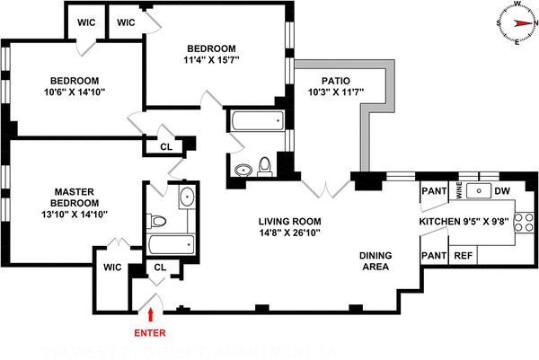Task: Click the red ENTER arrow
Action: (151, 314)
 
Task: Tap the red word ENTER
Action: (151, 332)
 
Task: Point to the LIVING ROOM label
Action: (289, 221)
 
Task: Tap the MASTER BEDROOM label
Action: (56, 197)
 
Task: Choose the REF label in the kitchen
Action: (464, 256)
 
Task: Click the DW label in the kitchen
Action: (502, 190)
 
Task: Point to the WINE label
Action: (459, 190)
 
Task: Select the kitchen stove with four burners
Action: (525, 227)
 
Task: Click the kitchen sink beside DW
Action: (480, 190)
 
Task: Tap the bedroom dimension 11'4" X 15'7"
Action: (212, 60)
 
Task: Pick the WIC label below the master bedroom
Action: (112, 267)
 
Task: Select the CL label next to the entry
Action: (161, 267)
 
